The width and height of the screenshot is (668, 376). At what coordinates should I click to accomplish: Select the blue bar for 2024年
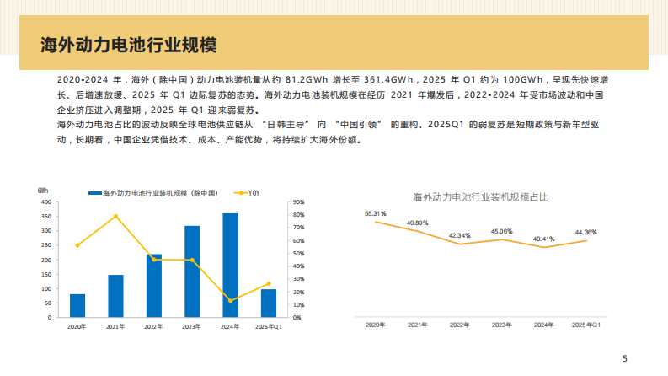click(230, 266)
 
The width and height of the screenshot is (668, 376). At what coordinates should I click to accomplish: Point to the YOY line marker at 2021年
click(115, 217)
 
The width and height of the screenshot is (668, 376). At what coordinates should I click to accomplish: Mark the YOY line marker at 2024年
click(230, 301)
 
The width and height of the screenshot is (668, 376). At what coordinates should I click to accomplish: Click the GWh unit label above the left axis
click(44, 191)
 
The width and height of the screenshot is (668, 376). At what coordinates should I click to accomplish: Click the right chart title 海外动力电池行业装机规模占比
click(480, 196)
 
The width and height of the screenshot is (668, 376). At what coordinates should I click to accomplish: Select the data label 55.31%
click(375, 214)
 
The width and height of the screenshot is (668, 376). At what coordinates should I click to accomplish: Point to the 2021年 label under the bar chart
click(115, 325)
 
